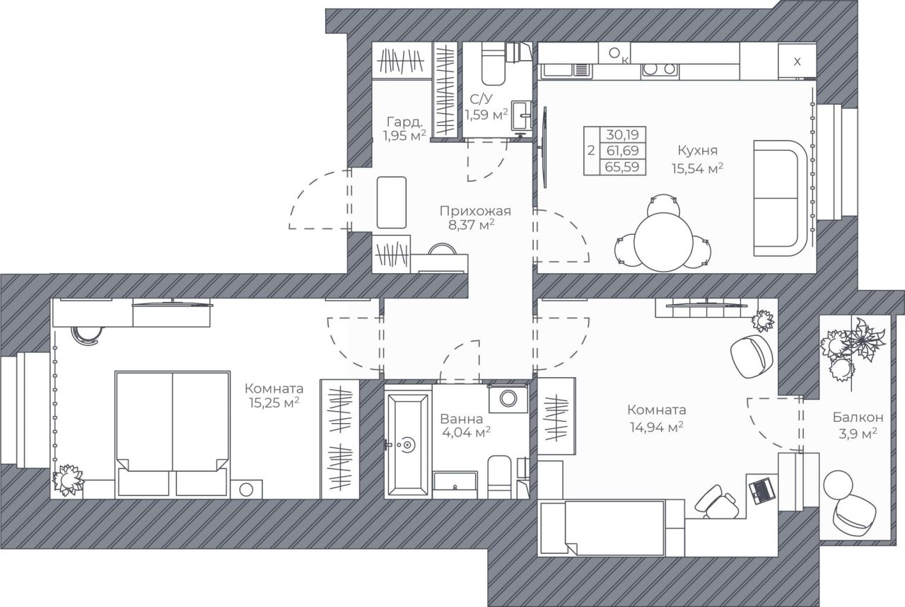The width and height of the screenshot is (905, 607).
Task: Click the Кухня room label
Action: tap(698, 151)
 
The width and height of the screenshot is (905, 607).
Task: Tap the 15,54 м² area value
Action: tap(697, 168)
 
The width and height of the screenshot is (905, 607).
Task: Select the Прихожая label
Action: tap(475, 211)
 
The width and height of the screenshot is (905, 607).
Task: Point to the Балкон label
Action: tap(858, 417)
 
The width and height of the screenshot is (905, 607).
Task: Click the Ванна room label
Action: tap(462, 419)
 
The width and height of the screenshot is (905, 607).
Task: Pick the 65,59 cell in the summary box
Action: tap(622, 167)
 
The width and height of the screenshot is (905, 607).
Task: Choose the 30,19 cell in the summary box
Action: tap(622, 134)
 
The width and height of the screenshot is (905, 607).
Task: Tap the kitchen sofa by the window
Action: tap(781, 198)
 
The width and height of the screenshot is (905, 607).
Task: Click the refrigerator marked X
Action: tap(797, 62)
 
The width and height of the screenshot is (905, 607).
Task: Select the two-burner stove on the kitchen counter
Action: tap(660, 69)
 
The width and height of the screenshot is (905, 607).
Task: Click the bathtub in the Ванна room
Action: tap(407, 445)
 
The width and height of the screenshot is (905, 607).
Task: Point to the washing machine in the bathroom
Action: tap(508, 398)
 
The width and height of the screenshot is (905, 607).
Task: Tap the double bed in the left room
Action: tap(173, 434)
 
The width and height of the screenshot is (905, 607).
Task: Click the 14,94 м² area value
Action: tap(657, 427)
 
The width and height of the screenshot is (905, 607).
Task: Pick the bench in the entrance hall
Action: tap(392, 202)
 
